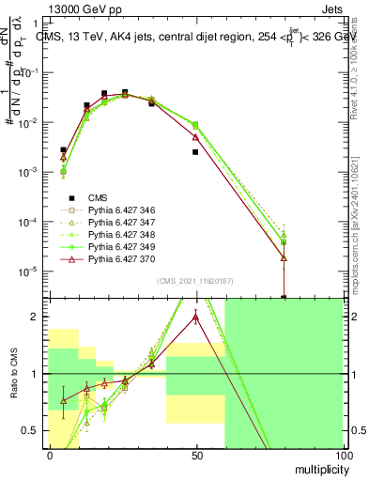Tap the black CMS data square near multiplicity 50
click(195, 151)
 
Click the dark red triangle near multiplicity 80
click(284, 257)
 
